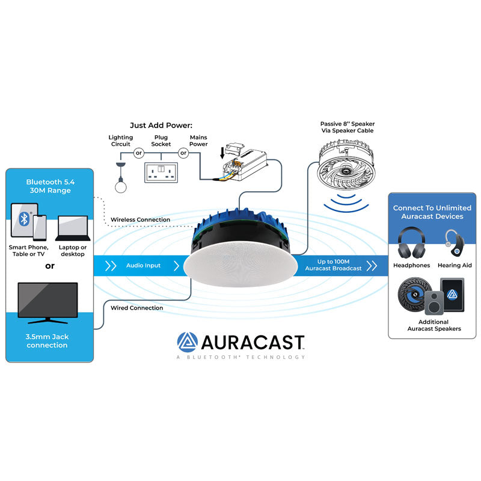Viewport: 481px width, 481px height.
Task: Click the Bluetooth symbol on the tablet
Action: (24, 219)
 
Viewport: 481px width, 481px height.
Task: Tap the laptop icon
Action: (73, 228)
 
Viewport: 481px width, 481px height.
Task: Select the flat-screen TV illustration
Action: (47, 303)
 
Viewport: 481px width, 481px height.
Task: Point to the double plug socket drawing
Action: (161, 173)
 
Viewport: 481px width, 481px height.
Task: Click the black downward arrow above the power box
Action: (222, 153)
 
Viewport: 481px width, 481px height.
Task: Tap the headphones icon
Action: (411, 243)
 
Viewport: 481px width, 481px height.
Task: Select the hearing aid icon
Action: (455, 243)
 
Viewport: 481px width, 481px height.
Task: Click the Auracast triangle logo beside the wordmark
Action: (187, 342)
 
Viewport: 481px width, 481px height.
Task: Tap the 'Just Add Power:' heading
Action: (161, 125)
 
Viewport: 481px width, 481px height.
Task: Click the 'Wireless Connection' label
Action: (140, 219)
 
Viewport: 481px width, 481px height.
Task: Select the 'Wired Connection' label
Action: (137, 308)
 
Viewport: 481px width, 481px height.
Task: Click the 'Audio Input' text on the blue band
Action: (143, 265)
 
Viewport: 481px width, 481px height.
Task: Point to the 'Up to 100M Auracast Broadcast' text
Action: (333, 265)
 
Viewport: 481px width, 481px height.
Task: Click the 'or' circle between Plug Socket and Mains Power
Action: (183, 153)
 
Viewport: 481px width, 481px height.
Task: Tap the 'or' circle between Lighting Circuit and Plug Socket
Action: (139, 153)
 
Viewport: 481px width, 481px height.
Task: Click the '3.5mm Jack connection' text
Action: (47, 341)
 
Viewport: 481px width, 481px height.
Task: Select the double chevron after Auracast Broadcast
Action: (372, 266)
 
